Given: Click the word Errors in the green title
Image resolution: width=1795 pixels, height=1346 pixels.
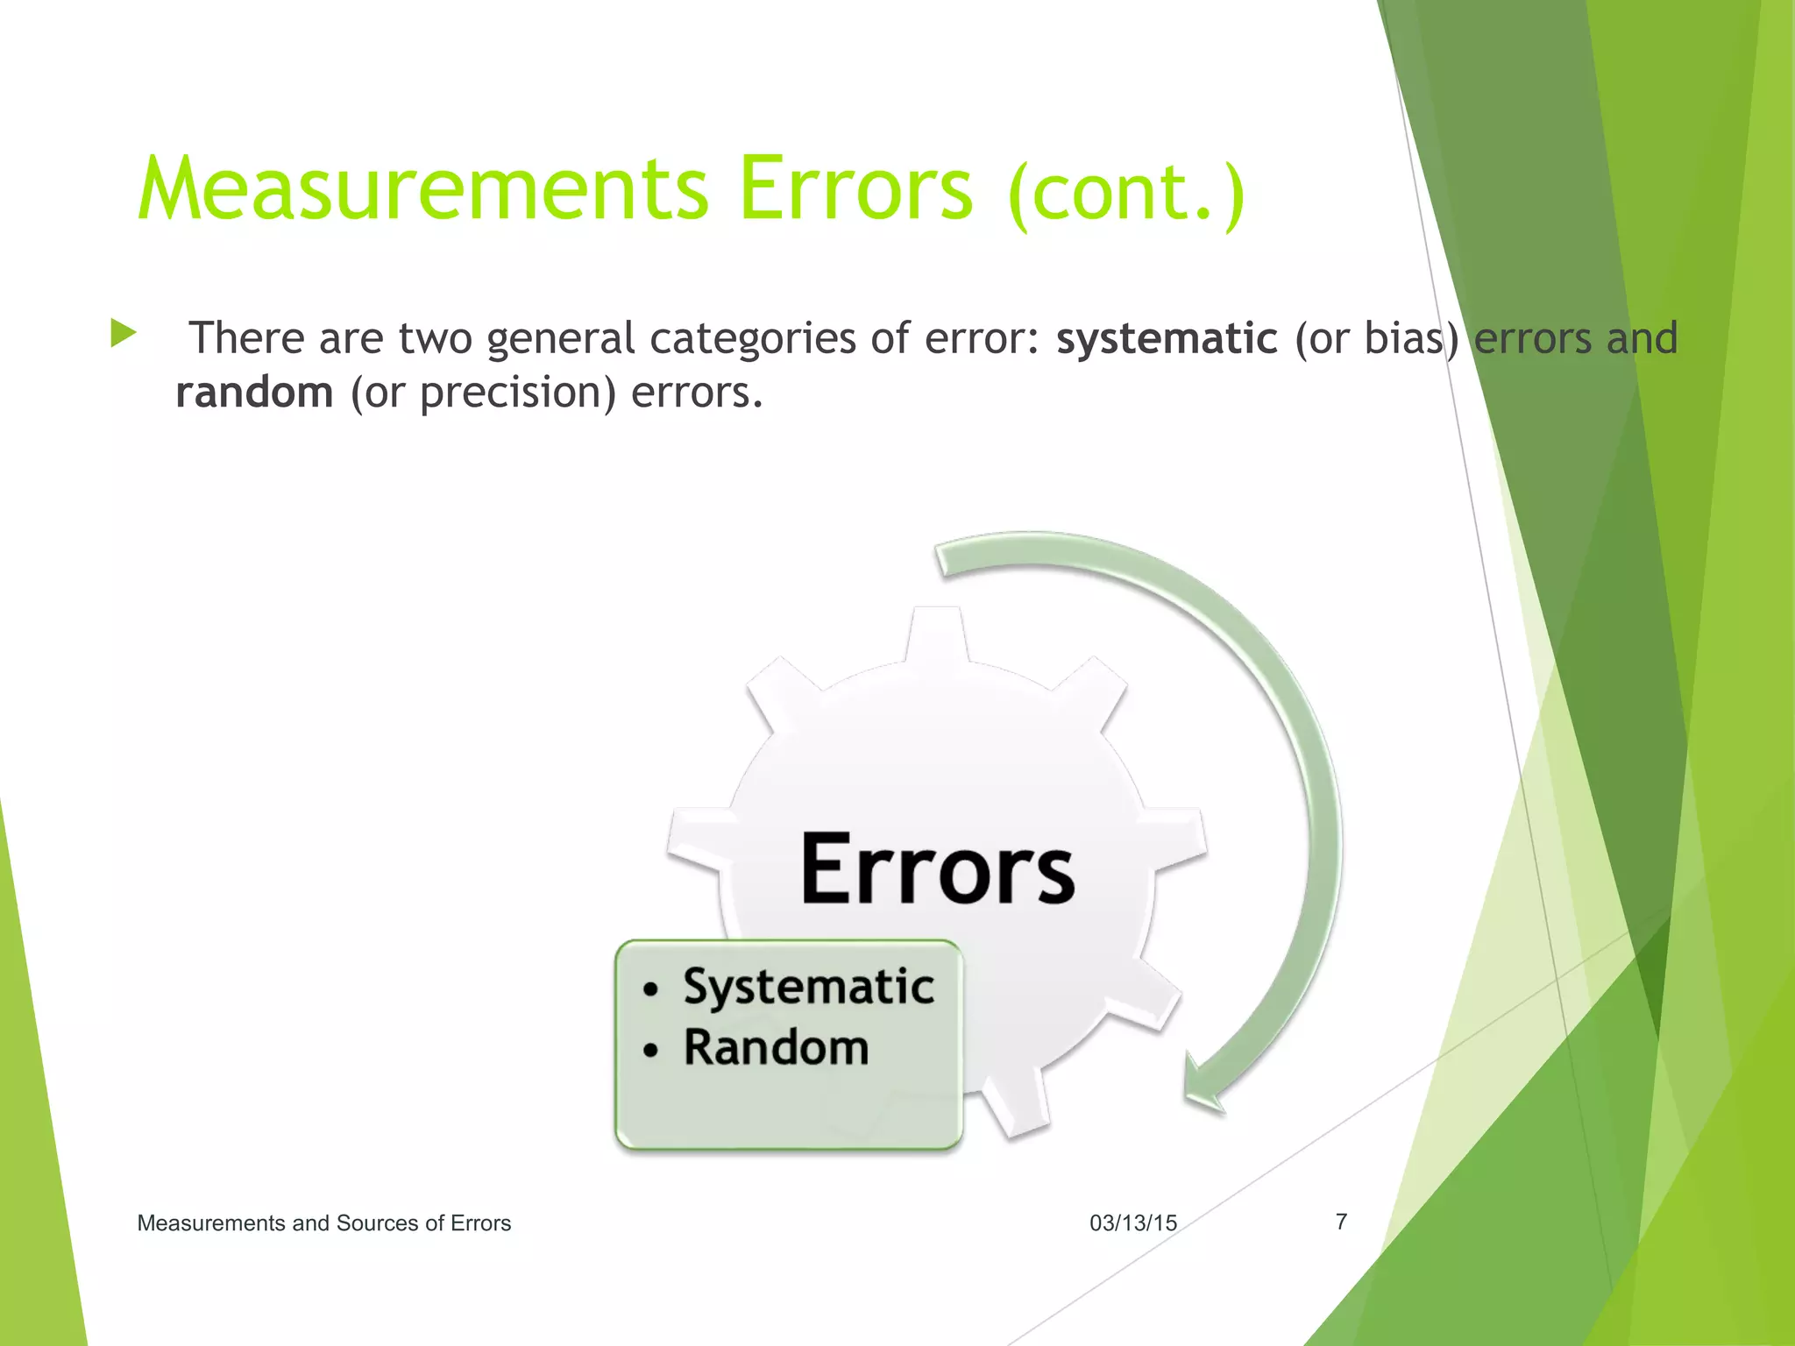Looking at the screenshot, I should [855, 189].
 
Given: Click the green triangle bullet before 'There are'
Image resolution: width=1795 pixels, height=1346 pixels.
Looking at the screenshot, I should [124, 333].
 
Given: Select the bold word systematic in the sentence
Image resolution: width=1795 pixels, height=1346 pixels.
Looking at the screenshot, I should [1167, 338].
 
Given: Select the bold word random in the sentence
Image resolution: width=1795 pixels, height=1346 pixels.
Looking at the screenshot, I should [254, 392].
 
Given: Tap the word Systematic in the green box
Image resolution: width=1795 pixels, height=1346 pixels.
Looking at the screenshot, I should [808, 987].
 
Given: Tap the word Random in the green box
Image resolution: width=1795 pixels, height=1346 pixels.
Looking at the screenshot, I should [776, 1047].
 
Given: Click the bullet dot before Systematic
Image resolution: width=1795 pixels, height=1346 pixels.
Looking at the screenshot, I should [649, 990].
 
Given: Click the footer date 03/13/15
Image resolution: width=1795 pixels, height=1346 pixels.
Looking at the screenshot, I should [1132, 1222].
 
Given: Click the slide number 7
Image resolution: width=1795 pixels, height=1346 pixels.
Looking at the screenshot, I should [1341, 1221].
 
